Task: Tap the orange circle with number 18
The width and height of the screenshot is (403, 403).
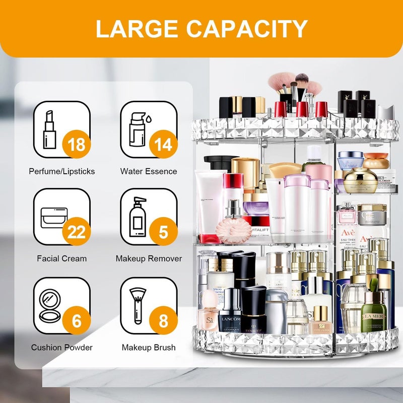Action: coord(76,145)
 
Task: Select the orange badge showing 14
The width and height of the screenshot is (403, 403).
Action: coord(163,145)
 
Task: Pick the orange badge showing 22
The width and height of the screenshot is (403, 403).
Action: coord(77,232)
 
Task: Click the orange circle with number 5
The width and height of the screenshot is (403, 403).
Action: coord(163,232)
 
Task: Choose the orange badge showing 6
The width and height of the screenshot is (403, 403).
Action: coord(77,321)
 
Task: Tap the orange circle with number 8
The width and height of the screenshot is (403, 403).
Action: coord(163,321)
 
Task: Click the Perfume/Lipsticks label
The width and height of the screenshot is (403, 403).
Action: coord(61,171)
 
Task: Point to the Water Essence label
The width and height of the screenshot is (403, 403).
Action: coord(149,171)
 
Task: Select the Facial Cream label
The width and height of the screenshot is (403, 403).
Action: coord(61,258)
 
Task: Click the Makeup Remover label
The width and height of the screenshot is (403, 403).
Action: coord(149,258)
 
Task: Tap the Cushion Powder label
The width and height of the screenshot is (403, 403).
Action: coord(61,347)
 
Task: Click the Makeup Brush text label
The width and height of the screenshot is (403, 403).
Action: coord(149,347)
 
